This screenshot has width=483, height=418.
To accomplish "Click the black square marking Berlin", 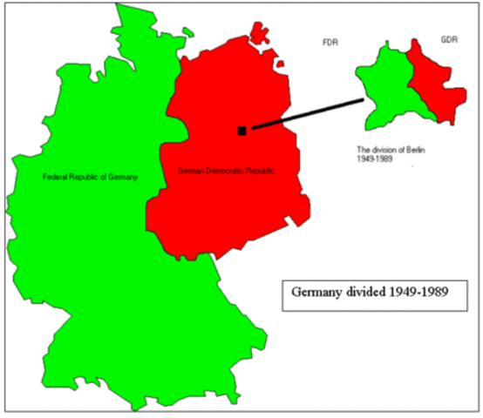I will tap(241, 131).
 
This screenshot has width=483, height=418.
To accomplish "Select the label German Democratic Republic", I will tap(225, 170).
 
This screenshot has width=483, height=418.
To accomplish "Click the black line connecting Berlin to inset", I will tap(305, 114).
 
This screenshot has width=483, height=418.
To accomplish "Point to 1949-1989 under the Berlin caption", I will tap(375, 159).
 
